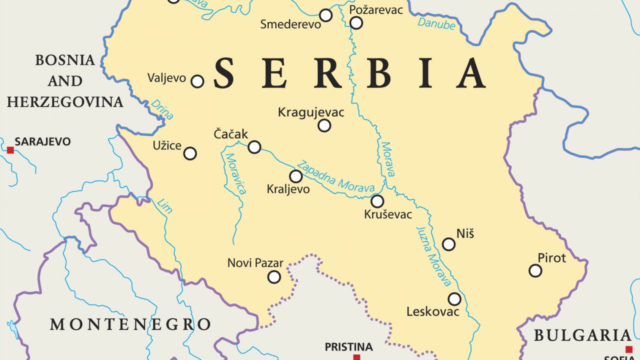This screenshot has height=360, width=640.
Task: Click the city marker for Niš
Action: pyautogui.click(x=448, y=244)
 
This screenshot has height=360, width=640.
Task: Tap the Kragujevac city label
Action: pyautogui.click(x=311, y=112)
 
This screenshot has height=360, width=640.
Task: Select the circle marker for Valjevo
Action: pyautogui.click(x=197, y=81)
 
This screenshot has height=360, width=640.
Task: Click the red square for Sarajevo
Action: pyautogui.click(x=10, y=150)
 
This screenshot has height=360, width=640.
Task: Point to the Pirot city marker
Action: pyautogui.click(x=535, y=270)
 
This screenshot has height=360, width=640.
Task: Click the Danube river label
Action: pyautogui.click(x=436, y=23)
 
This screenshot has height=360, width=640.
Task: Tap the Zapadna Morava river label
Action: pyautogui.click(x=335, y=176)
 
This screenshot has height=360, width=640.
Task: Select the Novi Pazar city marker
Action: pyautogui.click(x=274, y=277)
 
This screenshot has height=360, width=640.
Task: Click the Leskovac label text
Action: pyautogui.click(x=432, y=312)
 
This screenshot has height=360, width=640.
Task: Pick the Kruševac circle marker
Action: pyautogui.click(x=377, y=201)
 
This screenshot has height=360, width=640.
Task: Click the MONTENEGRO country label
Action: pyautogui.click(x=130, y=324)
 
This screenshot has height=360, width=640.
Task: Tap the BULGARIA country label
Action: pyautogui.click(x=582, y=335)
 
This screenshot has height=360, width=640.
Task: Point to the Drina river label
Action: pyautogui.click(x=162, y=109)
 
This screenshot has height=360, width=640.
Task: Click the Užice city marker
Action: pyautogui.click(x=190, y=153)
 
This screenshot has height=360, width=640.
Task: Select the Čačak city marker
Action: pyautogui.click(x=254, y=147)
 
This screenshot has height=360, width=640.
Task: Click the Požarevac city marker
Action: pyautogui.click(x=356, y=22)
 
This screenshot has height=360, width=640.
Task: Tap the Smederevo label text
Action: pyautogui.click(x=290, y=24)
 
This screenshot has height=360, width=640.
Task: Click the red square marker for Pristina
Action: pyautogui.click(x=356, y=357)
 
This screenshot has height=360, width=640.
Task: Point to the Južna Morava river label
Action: pyautogui.click(x=433, y=256)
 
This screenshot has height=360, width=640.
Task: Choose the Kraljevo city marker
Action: pyautogui.click(x=296, y=176)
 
